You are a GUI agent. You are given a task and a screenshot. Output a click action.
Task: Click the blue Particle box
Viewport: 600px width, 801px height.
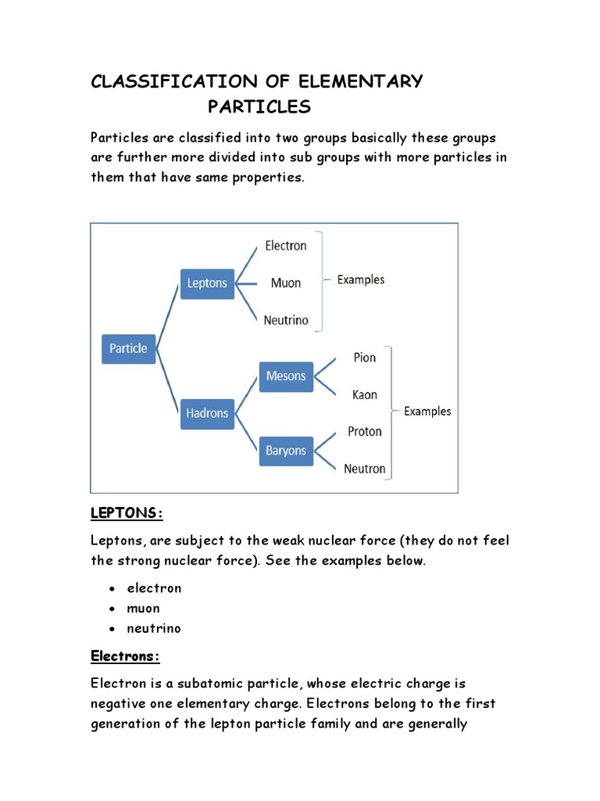(128, 349)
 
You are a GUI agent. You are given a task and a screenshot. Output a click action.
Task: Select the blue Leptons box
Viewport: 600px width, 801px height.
(207, 283)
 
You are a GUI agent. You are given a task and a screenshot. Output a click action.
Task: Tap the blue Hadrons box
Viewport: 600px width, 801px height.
(207, 413)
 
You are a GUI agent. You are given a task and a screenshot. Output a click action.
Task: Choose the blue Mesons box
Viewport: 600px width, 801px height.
(286, 375)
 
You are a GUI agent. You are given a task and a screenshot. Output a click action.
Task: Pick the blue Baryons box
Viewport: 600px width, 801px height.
(286, 451)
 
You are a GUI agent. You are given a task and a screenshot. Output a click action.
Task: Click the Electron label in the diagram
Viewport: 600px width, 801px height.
(286, 246)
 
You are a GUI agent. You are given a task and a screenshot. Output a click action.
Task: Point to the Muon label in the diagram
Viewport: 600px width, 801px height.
(286, 283)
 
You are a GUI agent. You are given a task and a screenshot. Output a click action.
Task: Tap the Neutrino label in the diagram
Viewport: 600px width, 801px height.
(286, 320)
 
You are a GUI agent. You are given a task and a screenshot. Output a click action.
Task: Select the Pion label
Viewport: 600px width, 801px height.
(364, 357)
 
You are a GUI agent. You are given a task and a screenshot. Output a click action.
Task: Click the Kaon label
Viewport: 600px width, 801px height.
(364, 395)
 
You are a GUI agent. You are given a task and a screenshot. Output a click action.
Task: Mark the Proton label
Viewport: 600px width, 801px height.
(364, 432)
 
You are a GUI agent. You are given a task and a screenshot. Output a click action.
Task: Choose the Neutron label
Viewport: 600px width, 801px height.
(364, 469)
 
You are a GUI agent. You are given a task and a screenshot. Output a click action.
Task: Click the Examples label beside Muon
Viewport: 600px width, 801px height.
(361, 279)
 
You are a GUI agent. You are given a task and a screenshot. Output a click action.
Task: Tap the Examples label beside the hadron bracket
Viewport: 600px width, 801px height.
(427, 411)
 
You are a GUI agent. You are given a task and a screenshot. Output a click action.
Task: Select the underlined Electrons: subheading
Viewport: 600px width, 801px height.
(125, 656)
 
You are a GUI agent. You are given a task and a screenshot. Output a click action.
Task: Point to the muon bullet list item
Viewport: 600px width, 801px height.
(144, 609)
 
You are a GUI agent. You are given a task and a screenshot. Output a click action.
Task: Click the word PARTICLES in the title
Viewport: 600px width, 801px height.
(259, 107)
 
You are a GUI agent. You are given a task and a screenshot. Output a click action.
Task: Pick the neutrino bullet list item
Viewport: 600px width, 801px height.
(154, 628)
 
